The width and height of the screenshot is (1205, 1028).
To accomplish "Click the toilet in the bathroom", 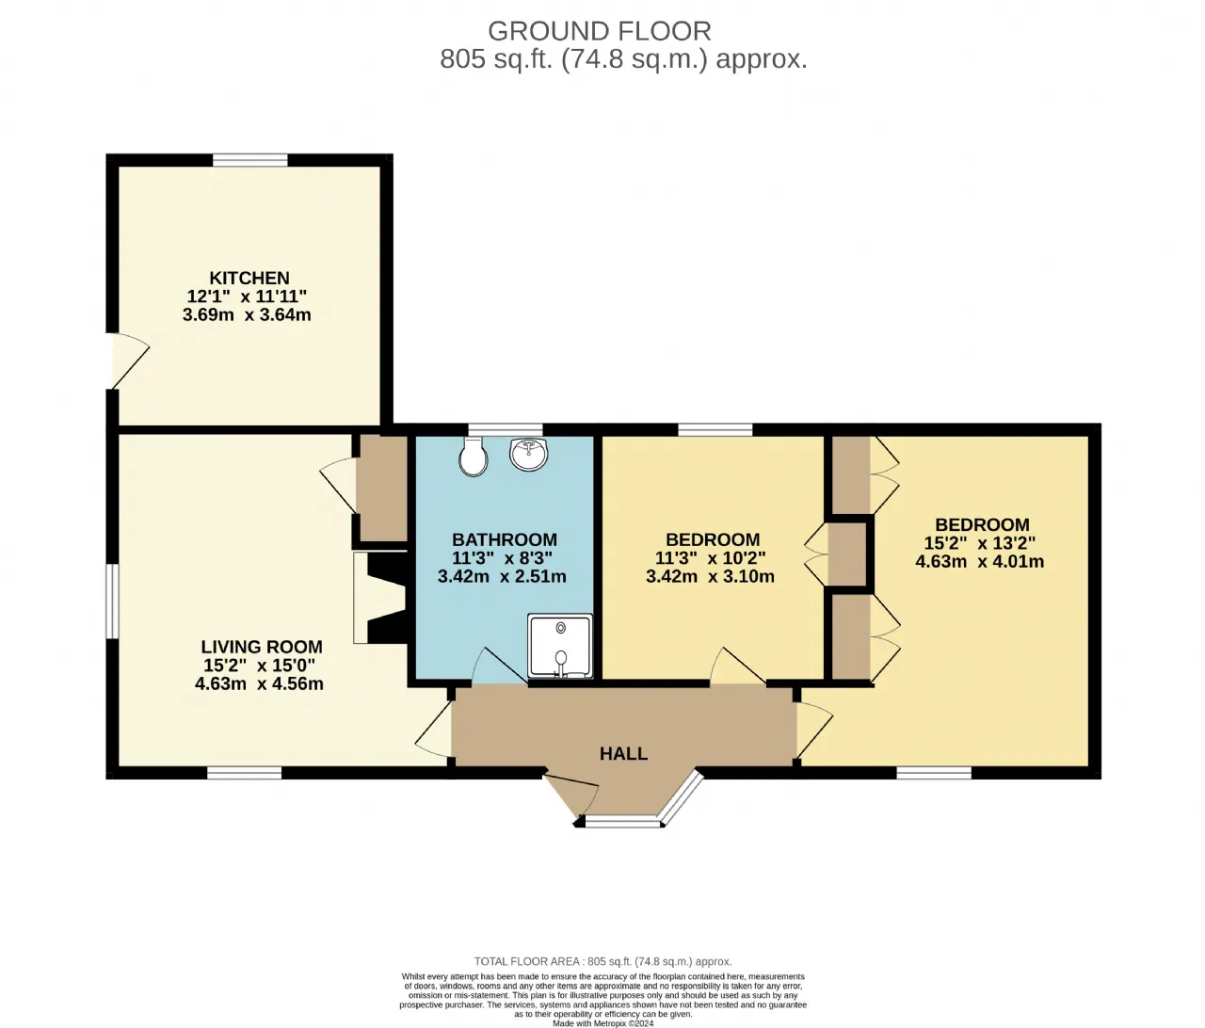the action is [473, 457].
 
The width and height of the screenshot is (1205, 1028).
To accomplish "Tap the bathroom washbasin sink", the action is [529, 454].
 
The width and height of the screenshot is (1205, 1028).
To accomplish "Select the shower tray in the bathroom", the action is [559, 646].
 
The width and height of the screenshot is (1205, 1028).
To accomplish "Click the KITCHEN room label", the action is [249, 278].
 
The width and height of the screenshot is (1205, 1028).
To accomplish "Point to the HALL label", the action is [624, 753].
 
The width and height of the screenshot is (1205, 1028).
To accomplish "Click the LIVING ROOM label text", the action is [262, 647].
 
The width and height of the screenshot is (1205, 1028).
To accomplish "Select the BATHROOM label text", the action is [505, 539].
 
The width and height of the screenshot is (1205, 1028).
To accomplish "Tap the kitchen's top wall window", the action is [250, 160].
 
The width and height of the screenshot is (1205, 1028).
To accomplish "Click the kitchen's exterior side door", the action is [128, 361].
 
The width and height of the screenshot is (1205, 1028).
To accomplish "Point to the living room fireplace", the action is [379, 598].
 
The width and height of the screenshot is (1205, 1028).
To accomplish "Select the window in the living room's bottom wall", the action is [244, 773].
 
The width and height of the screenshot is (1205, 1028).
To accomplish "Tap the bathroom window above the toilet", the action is [506, 429].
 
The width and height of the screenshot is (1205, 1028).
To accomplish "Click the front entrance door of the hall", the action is [570, 795].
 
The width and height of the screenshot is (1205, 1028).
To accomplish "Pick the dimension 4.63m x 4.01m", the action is [979, 561].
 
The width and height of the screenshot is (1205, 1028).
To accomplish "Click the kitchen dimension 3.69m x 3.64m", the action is [247, 314].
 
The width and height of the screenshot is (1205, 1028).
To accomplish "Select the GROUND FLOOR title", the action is [600, 31].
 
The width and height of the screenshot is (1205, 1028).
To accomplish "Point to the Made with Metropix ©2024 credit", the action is [602, 1022].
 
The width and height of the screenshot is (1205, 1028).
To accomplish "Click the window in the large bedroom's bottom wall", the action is [934, 773].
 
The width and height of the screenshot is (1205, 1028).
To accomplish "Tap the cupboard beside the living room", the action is [382, 488].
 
